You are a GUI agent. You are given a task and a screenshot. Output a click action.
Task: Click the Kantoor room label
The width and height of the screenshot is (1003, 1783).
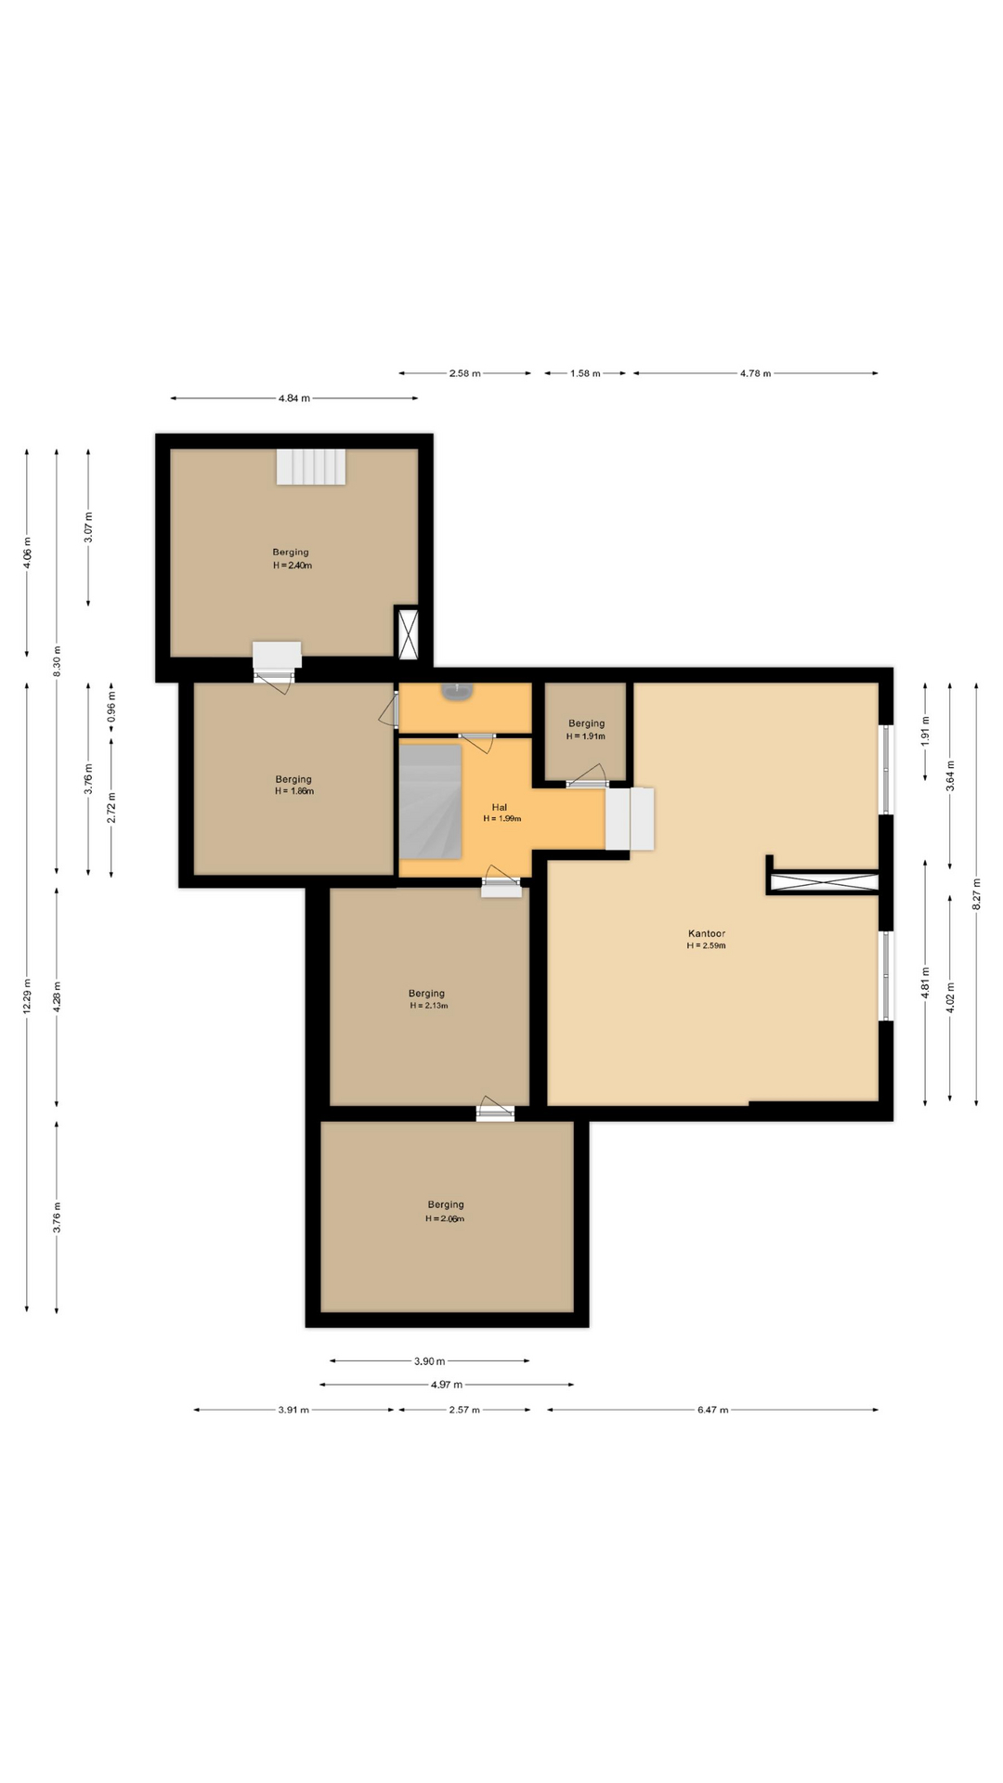point(706,933)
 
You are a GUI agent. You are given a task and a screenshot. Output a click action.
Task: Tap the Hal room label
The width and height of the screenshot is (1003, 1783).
point(500,807)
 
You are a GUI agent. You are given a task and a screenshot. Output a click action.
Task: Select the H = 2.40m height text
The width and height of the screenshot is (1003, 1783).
point(293,566)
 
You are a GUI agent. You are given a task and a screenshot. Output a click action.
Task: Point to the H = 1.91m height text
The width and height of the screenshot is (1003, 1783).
point(586,736)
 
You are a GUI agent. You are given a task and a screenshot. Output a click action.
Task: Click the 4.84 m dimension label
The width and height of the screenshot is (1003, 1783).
point(294,398)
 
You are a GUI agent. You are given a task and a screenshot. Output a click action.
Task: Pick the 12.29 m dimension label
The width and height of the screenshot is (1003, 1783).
point(27,996)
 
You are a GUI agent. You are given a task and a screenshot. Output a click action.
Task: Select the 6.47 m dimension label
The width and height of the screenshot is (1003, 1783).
point(712,1410)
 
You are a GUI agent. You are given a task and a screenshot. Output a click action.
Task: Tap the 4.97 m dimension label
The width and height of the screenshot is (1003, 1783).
point(447,1385)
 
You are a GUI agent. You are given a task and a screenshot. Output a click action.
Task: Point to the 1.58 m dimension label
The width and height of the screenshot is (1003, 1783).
point(585,373)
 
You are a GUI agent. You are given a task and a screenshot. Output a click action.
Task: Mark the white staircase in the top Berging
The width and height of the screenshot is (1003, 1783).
point(311,467)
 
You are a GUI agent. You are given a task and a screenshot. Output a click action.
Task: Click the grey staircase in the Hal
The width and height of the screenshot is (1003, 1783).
point(430,801)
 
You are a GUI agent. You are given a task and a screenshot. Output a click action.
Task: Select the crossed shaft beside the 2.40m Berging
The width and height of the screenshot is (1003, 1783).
point(408,633)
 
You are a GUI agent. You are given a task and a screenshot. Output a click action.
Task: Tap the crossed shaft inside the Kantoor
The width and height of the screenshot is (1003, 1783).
point(824,883)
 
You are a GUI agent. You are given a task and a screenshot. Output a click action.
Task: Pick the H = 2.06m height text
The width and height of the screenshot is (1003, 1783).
point(445,1218)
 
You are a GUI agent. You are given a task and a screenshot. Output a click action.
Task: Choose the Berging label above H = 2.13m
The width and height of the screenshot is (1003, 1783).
point(427,993)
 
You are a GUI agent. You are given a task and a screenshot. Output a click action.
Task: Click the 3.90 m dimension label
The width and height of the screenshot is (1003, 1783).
point(429,1361)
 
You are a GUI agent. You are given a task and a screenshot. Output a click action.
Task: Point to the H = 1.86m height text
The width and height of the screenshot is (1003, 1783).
point(294,791)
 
